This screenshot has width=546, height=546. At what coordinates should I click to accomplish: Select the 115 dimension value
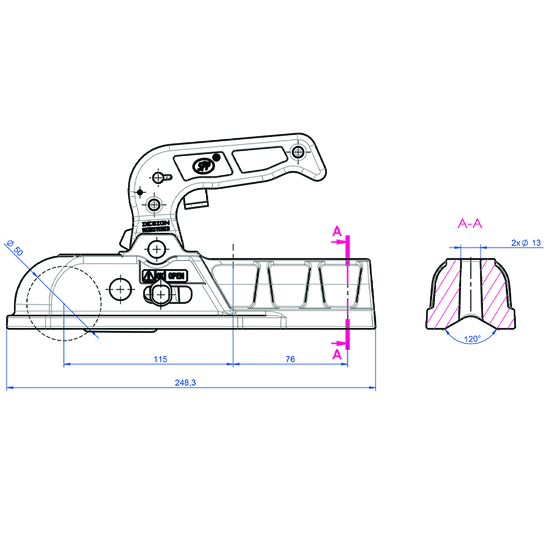160,359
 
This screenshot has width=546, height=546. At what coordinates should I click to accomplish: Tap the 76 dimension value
290,359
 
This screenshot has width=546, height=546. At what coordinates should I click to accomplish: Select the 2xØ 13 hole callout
526,243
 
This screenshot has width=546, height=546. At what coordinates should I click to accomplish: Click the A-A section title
470,224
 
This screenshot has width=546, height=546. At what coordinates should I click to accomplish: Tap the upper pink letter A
336,231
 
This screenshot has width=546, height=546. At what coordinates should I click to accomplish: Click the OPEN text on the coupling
176,276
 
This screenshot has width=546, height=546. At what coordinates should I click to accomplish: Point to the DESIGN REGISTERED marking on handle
156,226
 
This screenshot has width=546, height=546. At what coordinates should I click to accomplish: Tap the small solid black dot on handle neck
140,191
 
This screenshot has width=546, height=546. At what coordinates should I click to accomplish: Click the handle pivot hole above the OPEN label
157,248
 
